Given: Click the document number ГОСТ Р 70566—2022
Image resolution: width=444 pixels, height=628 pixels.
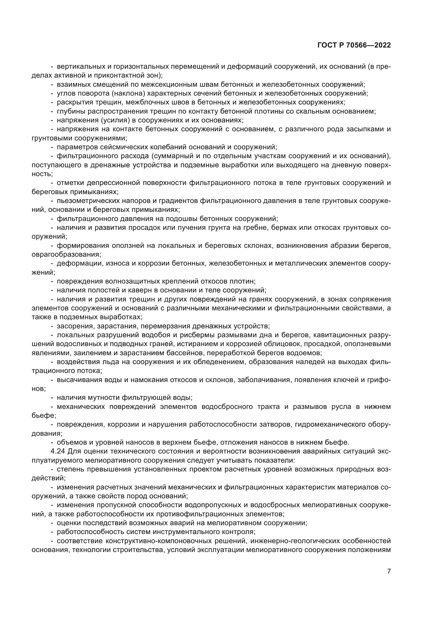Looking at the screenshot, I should coord(354,45).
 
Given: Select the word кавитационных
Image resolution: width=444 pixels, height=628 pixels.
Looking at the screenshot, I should coord(339,335).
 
